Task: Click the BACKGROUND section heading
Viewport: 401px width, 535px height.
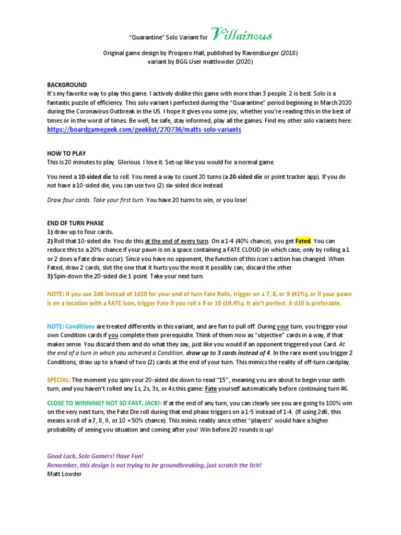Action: pos(67,85)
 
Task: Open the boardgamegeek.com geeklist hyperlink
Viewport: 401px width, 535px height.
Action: pos(144,130)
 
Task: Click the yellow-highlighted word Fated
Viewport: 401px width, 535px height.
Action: pos(303,241)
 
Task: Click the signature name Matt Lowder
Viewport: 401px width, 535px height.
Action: pos(64,473)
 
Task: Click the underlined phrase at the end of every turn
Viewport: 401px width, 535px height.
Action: pos(177,241)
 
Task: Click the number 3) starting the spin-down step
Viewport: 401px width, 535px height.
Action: pos(50,275)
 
